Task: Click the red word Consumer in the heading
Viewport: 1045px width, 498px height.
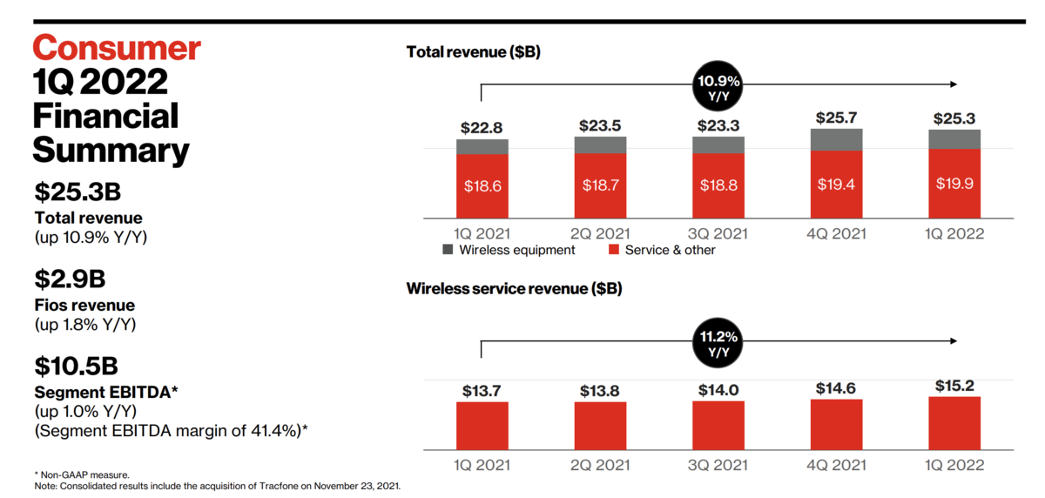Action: point(117,48)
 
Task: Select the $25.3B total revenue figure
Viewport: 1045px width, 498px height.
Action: point(78,192)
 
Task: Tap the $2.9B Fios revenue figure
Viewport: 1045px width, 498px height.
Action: point(70,279)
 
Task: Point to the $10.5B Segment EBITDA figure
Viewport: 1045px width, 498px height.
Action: point(76,366)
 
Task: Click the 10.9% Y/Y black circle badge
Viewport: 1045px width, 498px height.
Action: point(718,86)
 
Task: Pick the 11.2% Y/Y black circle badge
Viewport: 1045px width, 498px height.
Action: point(718,343)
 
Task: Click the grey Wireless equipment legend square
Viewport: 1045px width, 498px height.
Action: point(448,250)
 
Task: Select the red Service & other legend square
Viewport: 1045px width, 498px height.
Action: point(614,250)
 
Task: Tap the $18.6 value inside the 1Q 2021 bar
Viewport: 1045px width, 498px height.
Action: point(482,186)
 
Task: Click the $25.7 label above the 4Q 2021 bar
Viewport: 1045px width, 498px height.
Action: point(836,118)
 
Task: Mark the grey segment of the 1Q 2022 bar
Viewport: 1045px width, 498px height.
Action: point(954,139)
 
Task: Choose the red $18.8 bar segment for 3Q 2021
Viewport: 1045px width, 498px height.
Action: point(718,185)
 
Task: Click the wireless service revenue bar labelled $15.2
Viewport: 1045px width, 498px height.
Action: point(954,423)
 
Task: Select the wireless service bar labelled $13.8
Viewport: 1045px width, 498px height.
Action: point(600,427)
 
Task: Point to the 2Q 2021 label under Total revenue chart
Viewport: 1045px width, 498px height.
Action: point(600,233)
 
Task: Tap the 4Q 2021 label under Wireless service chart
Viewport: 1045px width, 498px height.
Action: point(837,465)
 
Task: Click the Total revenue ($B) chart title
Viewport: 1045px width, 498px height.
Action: point(474,51)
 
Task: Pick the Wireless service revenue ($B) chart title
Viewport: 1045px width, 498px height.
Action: point(514,289)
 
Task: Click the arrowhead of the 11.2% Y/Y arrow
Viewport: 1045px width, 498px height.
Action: point(954,341)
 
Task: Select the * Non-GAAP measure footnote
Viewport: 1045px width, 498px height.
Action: point(82,474)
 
